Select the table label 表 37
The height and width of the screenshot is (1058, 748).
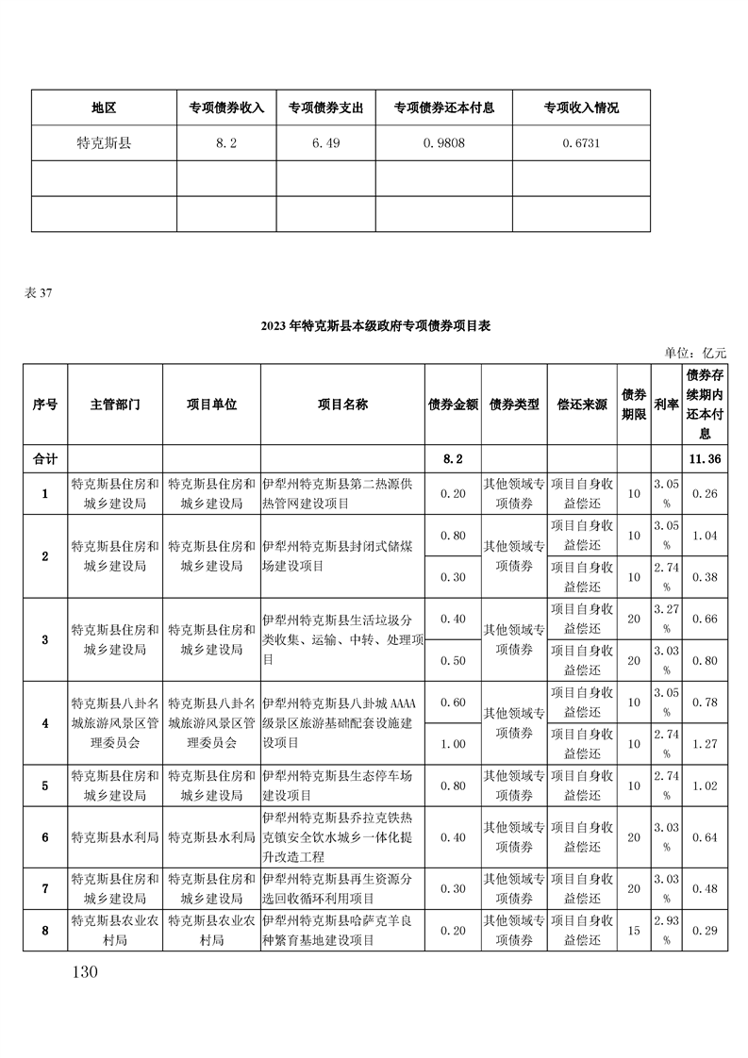[x=39, y=292]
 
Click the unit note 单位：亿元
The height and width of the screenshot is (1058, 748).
[x=696, y=353]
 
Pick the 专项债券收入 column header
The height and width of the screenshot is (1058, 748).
[x=226, y=108]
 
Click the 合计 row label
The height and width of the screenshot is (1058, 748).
[x=45, y=458]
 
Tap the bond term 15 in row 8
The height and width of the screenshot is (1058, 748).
[x=633, y=931]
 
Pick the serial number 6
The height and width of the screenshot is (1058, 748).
[x=45, y=837]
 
